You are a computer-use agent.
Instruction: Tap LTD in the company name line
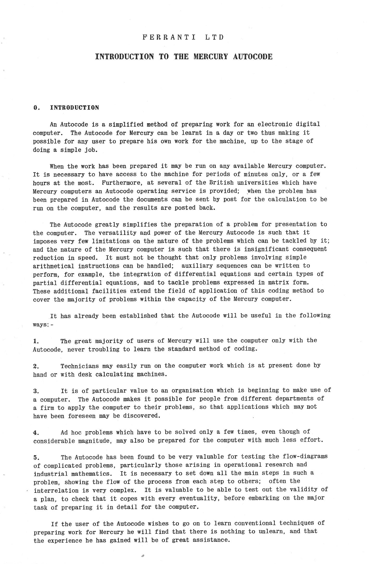click(214, 37)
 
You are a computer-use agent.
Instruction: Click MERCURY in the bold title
click(211, 57)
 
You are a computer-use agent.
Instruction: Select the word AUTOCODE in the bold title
click(253, 57)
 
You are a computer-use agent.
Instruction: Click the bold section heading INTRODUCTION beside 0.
click(74, 108)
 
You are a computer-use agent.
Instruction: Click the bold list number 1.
click(36, 341)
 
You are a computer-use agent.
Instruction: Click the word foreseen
click(82, 416)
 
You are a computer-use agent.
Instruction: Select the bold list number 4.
click(36, 433)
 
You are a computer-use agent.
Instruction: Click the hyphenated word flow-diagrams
click(305, 457)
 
